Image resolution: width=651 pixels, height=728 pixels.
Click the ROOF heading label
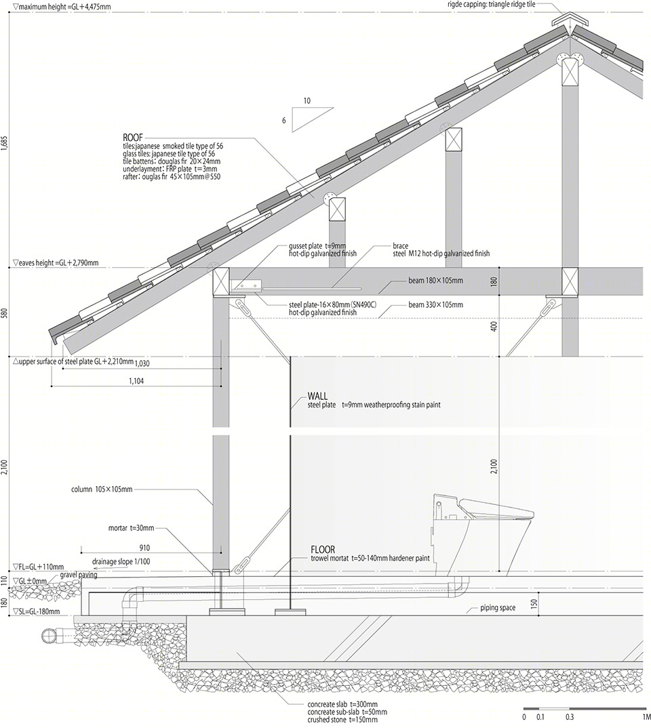[133, 138]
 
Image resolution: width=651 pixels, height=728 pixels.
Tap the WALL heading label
[317, 396]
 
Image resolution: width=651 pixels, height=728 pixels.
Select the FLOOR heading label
[323, 550]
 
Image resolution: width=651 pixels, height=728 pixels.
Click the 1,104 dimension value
[136, 381]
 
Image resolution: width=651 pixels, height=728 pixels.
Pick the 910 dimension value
[144, 548]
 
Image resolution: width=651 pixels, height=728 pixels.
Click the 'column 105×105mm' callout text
[102, 489]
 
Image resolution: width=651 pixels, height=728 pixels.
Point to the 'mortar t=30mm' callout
[131, 528]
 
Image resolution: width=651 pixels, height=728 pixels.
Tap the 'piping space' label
[498, 608]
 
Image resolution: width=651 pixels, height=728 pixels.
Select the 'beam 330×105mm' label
[435, 305]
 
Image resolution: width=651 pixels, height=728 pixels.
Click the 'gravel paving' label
[79, 575]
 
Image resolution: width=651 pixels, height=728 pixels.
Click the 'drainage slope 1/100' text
[121, 562]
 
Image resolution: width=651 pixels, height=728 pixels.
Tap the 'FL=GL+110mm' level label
[39, 567]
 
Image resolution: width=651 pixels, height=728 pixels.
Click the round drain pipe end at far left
[48, 636]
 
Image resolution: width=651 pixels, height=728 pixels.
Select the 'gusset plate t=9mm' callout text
[317, 246]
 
